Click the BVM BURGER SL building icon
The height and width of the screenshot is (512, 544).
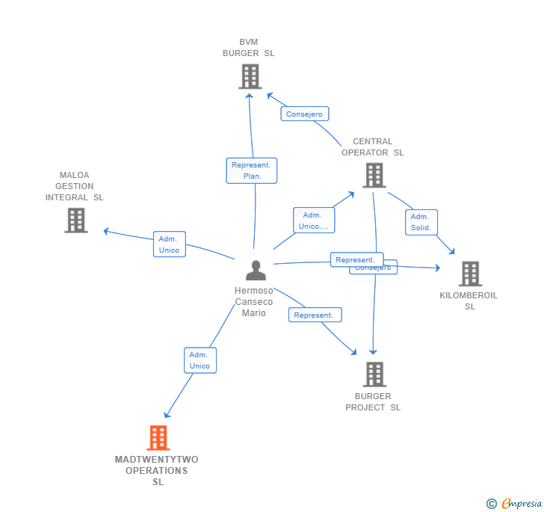250,76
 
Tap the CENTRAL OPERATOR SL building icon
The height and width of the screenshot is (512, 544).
374,176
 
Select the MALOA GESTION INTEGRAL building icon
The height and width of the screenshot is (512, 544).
75,220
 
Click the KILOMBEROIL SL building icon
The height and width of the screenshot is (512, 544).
469,274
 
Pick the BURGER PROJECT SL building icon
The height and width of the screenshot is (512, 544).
374,374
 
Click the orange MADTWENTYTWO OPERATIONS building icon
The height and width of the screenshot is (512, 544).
158,438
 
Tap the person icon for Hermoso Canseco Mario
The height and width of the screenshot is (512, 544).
256,271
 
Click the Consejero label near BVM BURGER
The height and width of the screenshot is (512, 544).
304,114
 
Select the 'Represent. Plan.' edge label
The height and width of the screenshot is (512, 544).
252,170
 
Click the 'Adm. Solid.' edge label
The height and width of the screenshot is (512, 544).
421,222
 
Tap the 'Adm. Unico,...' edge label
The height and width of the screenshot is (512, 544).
314,220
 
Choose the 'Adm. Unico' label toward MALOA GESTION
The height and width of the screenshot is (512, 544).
169,244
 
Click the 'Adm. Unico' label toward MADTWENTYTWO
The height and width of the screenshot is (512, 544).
200,360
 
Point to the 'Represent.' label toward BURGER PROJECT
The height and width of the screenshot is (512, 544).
315,315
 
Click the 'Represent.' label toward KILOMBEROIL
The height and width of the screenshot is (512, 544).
356,259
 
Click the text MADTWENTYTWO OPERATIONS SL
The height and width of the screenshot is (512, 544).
157,471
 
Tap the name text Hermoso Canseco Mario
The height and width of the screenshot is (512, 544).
254,302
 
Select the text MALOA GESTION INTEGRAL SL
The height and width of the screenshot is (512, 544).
75,187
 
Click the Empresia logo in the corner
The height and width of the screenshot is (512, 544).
514,503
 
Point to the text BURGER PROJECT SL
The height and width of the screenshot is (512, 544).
373,402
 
